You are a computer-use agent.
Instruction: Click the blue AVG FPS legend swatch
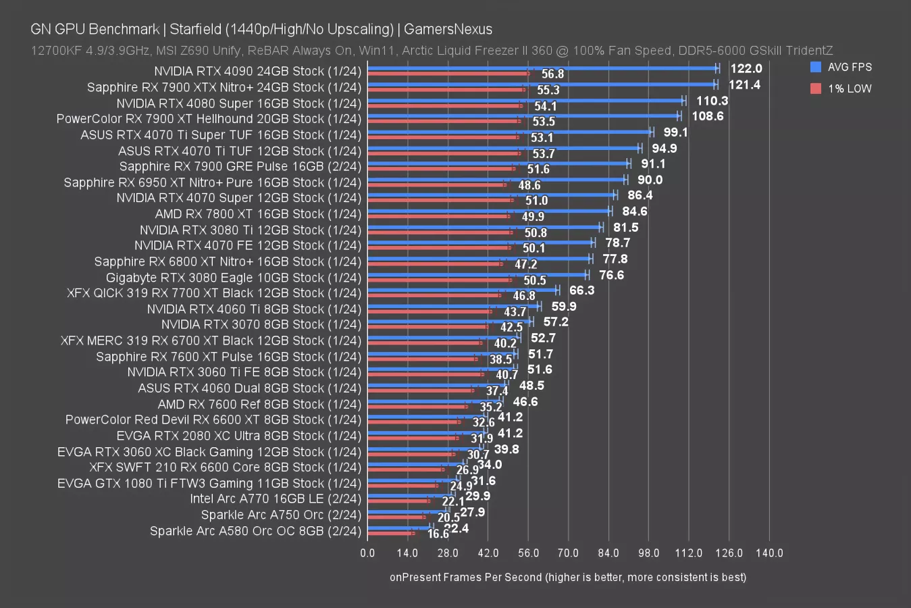(x=815, y=67)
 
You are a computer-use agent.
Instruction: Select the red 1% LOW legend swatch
(x=815, y=88)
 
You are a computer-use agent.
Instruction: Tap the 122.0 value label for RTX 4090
(x=746, y=68)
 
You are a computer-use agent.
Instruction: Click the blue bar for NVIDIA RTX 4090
(x=540, y=68)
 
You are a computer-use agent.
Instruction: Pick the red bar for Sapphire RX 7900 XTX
(x=446, y=89)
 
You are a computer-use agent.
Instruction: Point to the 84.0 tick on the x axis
(x=608, y=553)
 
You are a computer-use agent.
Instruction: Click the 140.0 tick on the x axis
(x=769, y=553)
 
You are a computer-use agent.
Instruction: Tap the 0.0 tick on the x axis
(x=367, y=553)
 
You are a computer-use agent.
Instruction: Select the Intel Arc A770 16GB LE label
(x=276, y=499)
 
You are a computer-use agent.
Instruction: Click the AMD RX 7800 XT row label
(x=259, y=214)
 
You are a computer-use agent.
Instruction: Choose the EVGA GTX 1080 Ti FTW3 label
(x=209, y=484)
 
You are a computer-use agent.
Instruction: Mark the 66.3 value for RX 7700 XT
(x=581, y=290)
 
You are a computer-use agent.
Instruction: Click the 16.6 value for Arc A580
(x=438, y=534)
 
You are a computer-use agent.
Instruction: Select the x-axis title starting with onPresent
(x=568, y=577)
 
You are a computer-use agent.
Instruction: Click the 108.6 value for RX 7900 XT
(x=707, y=116)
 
